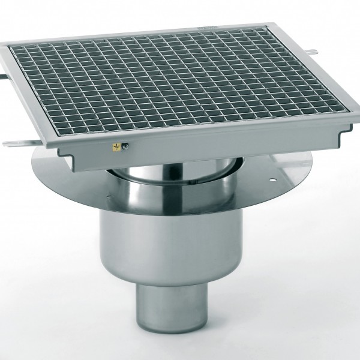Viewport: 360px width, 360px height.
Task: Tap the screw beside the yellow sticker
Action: [125, 145]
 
